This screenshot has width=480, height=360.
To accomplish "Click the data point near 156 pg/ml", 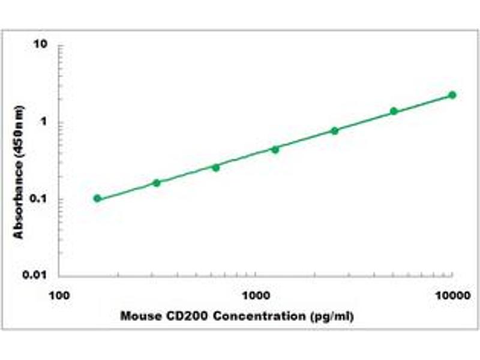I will point(97,198).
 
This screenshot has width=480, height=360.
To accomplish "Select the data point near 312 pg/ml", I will point(157,182).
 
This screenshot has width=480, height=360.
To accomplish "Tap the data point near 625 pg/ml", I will point(216,167).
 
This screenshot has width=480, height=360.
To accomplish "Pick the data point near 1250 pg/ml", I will point(275,149).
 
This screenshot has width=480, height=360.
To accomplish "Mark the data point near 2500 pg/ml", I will point(334,130).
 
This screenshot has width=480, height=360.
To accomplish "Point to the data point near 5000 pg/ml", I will point(394,111).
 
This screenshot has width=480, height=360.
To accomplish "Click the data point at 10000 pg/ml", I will point(452,95).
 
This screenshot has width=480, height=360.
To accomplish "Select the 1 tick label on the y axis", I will point(44,122).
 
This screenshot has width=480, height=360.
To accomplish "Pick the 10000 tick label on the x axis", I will point(452,295).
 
